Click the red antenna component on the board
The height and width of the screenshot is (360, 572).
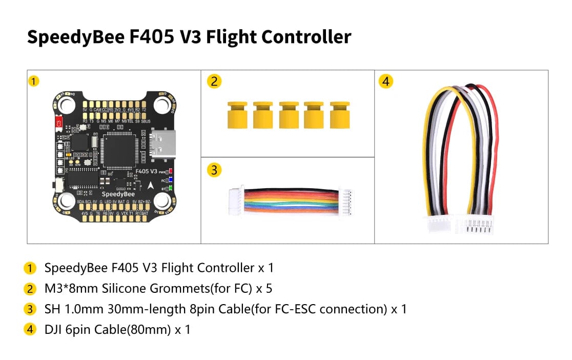coord(59,123)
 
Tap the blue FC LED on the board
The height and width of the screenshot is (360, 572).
coord(170,181)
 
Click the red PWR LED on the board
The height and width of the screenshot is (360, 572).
coord(170,171)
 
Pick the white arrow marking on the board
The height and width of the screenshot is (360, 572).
coord(151,186)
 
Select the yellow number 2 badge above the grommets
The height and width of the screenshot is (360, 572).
coord(214,81)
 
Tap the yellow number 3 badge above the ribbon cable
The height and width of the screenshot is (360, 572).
coord(214,169)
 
